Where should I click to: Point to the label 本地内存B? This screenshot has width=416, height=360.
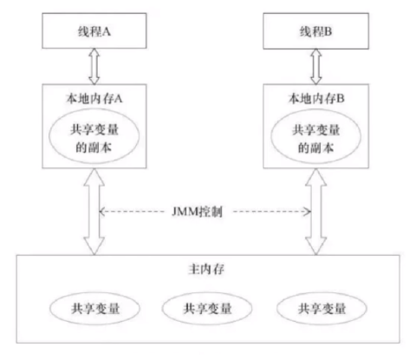(x=315, y=96)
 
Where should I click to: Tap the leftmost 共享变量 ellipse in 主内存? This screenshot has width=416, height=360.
(x=91, y=308)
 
